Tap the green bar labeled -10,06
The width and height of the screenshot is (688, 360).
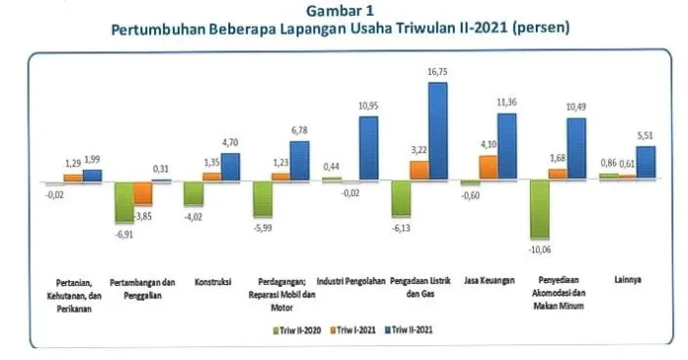[540, 210]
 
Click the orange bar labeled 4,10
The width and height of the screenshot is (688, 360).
[487, 166]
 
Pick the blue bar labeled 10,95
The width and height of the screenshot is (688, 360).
[368, 147]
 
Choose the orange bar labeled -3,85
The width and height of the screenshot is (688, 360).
[143, 194]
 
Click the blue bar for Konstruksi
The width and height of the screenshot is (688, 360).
[229, 165]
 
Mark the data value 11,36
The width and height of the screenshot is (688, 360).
[506, 102]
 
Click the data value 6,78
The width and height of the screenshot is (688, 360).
[299, 131]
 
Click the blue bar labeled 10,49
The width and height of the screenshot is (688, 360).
[575, 148]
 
